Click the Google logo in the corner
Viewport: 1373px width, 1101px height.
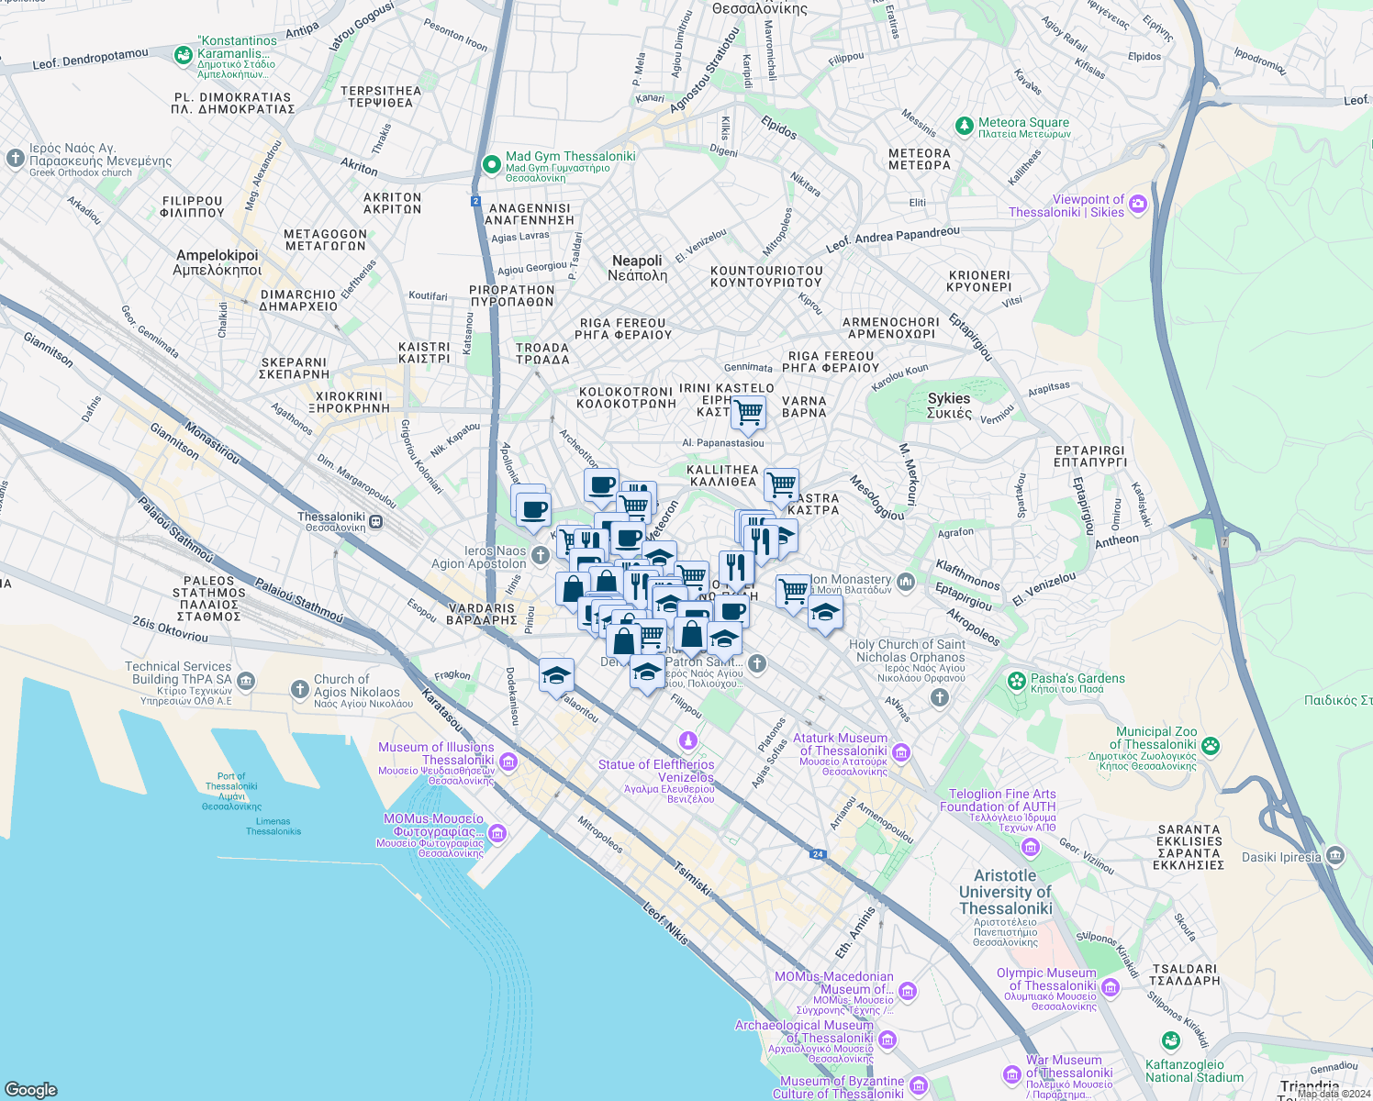pyautogui.click(x=31, y=1089)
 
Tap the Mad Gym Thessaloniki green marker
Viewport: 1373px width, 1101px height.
pyautogui.click(x=492, y=164)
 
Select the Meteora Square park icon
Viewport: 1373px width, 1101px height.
pyautogui.click(x=964, y=125)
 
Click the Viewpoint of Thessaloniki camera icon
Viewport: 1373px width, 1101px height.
pyautogui.click(x=1138, y=205)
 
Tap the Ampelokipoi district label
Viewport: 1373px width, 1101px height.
pyautogui.click(x=218, y=262)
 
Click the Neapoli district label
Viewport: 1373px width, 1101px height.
pyautogui.click(x=637, y=268)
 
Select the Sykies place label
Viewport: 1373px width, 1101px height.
pyautogui.click(x=949, y=405)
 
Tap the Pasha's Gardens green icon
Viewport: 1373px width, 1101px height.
pyautogui.click(x=1016, y=681)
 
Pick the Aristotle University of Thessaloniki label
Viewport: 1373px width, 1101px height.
pyautogui.click(x=1005, y=892)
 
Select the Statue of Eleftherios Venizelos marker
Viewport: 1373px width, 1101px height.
pyautogui.click(x=688, y=740)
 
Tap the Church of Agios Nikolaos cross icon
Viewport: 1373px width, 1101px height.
pyautogui.click(x=299, y=689)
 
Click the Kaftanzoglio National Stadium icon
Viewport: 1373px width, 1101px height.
pyautogui.click(x=1170, y=1040)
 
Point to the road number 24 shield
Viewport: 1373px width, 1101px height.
pyautogui.click(x=817, y=854)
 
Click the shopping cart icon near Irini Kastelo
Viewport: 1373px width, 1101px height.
pyautogui.click(x=748, y=412)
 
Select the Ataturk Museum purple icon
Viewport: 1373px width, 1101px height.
pyautogui.click(x=901, y=753)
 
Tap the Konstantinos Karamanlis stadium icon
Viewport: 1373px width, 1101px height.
pyautogui.click(x=184, y=55)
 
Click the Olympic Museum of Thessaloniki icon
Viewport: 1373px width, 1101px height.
pyautogui.click(x=1111, y=987)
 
